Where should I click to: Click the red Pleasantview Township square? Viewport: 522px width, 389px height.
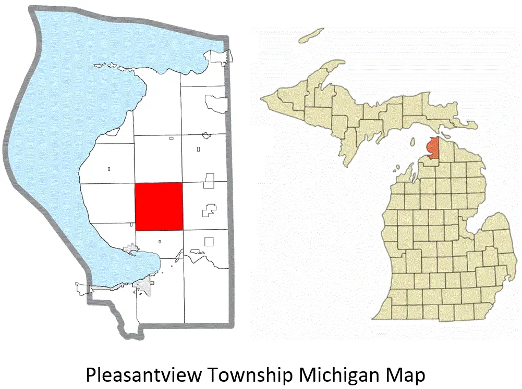159,207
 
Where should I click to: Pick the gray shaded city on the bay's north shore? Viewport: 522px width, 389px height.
130,251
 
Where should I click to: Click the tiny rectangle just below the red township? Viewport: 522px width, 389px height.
159,241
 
